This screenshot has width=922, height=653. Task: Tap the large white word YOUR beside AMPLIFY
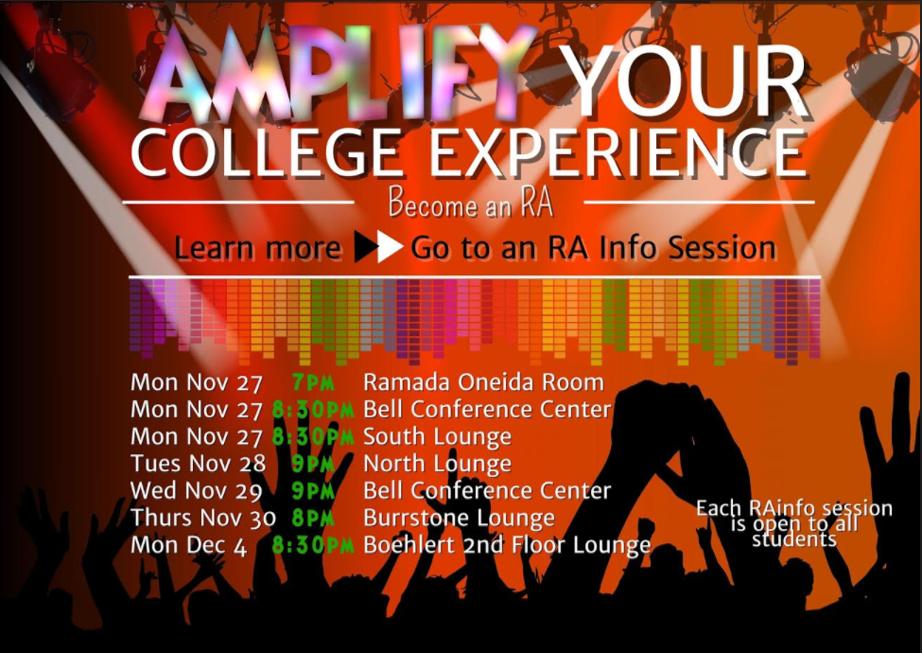point(682,80)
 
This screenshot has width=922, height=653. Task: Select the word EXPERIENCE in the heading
point(618,153)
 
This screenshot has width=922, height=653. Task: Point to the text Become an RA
point(470,203)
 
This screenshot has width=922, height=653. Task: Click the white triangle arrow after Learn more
point(391,246)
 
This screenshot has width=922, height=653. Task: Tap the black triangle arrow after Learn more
point(366,246)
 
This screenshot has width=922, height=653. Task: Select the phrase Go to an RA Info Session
point(593,248)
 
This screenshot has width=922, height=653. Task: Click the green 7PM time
point(313,383)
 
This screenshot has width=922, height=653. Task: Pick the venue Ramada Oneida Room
point(483,382)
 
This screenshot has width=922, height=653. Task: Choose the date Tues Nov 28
point(199,464)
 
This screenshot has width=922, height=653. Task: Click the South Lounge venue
point(438,437)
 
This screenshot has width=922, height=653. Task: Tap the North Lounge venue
point(438,464)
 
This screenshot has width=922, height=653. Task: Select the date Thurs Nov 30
point(203,518)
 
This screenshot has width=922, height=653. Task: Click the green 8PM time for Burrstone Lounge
point(313,519)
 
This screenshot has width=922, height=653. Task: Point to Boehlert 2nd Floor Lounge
point(507,545)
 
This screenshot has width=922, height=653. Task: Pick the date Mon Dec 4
point(188,545)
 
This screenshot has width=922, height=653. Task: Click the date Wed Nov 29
point(197,490)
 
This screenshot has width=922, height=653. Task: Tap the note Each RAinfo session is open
point(794,523)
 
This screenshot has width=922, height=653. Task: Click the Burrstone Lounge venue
point(459,519)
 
